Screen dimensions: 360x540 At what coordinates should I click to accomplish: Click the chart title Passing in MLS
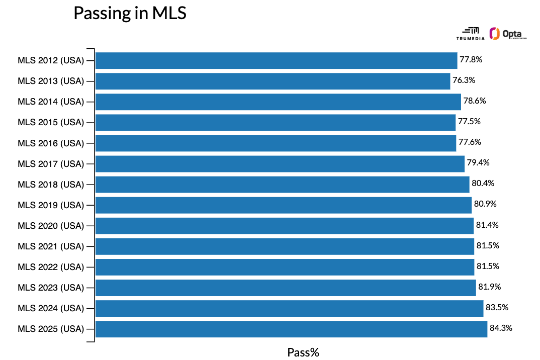point(130,14)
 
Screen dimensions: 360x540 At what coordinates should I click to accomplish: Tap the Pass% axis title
point(303,352)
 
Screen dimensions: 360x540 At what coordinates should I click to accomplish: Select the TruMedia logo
point(470,34)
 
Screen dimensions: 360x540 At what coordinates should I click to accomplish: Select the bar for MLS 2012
point(276,60)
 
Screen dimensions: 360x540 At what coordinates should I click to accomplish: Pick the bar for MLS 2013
point(273,81)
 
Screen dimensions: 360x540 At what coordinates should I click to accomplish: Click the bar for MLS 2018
point(282,185)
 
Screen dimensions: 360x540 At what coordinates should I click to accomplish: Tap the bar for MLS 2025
point(291,329)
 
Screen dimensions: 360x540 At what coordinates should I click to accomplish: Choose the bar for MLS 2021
point(285,246)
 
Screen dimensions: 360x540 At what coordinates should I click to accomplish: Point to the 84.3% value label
point(501,328)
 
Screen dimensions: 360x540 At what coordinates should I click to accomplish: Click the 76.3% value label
point(464,80)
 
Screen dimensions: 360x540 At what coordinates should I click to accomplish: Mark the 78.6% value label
point(475,101)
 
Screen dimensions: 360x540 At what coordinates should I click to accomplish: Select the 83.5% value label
point(497,308)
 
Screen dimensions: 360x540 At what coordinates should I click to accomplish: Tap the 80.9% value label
point(485,205)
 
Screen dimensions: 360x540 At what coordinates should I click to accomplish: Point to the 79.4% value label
point(478,163)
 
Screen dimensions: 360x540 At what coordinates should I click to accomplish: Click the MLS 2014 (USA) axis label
point(50,102)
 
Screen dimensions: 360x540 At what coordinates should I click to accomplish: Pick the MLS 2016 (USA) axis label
point(50,143)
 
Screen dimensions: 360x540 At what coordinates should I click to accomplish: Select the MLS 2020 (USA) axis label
point(50,226)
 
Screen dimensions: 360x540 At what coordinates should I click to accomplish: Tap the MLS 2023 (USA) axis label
point(50,288)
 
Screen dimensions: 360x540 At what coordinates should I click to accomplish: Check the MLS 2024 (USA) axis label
point(50,308)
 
